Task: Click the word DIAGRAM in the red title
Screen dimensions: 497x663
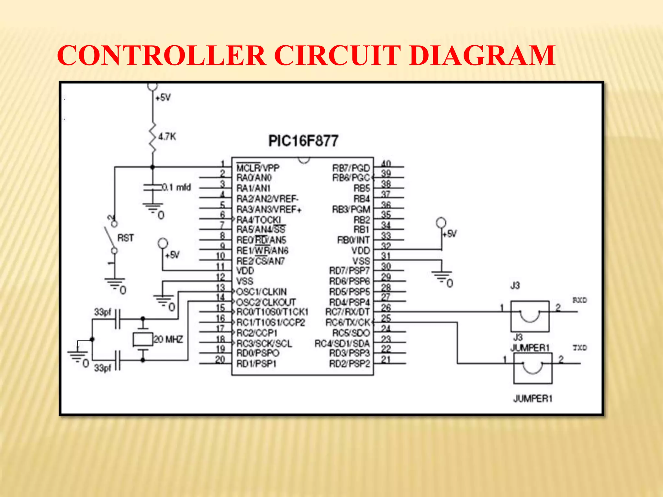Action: (482, 55)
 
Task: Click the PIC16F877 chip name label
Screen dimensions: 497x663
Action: (303, 141)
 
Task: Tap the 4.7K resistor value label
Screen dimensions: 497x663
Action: (167, 137)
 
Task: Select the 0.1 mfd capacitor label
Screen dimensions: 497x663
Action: (177, 187)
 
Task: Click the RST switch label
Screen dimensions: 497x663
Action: (125, 238)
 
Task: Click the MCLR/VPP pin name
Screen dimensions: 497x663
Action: (258, 168)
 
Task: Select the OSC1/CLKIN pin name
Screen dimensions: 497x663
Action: (262, 292)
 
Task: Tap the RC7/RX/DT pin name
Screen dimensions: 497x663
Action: (347, 312)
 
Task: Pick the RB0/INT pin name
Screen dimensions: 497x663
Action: (353, 240)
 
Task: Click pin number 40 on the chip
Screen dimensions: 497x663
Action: (386, 164)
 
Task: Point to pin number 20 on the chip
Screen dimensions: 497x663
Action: (220, 359)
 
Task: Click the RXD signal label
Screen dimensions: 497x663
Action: (579, 300)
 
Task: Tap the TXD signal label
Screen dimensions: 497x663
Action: (580, 348)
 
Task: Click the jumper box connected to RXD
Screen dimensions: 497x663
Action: (530, 316)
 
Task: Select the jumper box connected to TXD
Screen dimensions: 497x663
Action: (533, 368)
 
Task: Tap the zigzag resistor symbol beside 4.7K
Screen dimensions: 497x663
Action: (152, 138)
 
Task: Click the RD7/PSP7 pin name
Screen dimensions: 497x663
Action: (349, 270)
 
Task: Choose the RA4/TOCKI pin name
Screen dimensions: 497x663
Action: (259, 220)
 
